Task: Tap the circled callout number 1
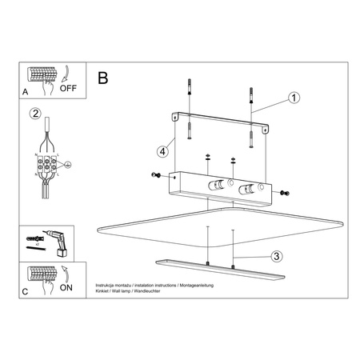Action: click(294, 99)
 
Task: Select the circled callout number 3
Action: click(274, 257)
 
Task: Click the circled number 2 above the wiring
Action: click(35, 113)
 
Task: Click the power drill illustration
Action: click(57, 238)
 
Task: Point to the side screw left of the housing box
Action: click(156, 175)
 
